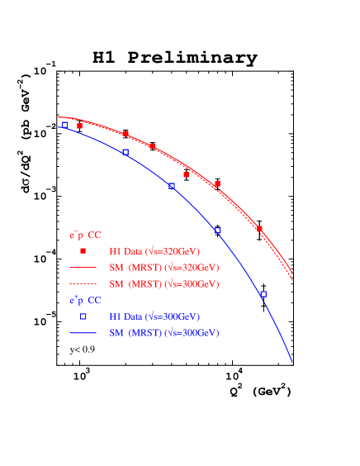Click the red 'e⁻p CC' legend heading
point(84,235)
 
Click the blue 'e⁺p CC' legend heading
point(84,301)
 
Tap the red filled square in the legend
point(83,250)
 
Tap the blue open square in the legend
point(83,316)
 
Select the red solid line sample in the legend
point(83,268)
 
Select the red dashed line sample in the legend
point(83,283)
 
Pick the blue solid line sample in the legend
point(83,333)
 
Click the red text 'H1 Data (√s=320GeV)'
point(154,251)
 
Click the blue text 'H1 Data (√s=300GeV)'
point(154,317)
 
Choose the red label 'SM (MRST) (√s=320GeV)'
point(163,268)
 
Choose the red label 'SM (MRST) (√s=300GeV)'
point(163,284)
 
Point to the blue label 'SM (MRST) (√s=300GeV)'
point(163,333)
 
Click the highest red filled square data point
point(80,126)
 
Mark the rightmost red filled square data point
point(259,229)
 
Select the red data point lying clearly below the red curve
point(186,175)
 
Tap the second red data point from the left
point(126,133)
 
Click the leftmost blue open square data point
point(65,124)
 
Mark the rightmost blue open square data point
point(263,294)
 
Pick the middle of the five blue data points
point(172,187)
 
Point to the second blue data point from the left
point(126,152)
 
